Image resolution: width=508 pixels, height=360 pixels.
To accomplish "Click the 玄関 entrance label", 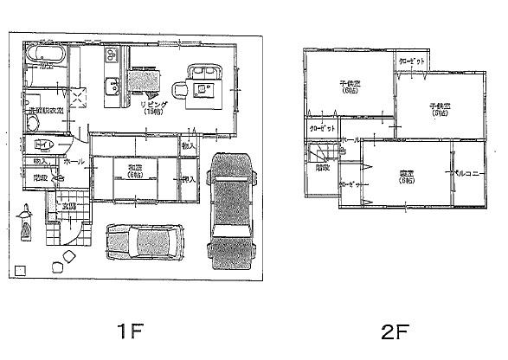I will click(68, 206).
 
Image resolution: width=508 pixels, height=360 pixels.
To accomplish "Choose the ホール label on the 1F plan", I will click(74, 161).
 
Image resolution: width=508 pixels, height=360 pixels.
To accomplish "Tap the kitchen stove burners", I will click(113, 56).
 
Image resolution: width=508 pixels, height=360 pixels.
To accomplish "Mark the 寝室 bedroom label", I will click(405, 176).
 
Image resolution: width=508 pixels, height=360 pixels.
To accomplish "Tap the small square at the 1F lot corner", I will click(20, 269).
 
